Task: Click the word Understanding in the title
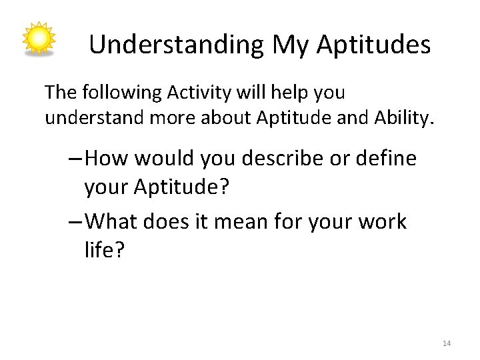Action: pos(177,45)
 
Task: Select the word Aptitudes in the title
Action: pos(373,45)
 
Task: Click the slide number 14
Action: pos(447,343)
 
